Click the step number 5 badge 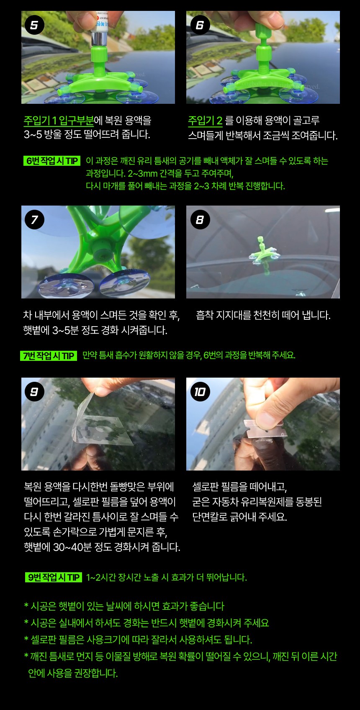pyautogui.click(x=34, y=25)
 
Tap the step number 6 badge pyautogui.click(x=200, y=25)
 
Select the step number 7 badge pyautogui.click(x=34, y=219)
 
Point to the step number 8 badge pyautogui.click(x=200, y=219)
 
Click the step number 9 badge pyautogui.click(x=34, y=392)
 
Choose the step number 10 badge pyautogui.click(x=200, y=392)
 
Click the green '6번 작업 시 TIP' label pyautogui.click(x=52, y=161)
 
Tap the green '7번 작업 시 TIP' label pyautogui.click(x=49, y=356)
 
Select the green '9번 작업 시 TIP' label pyautogui.click(x=53, y=577)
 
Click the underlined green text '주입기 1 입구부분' pyautogui.click(x=59, y=121)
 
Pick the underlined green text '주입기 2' pyautogui.click(x=205, y=121)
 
